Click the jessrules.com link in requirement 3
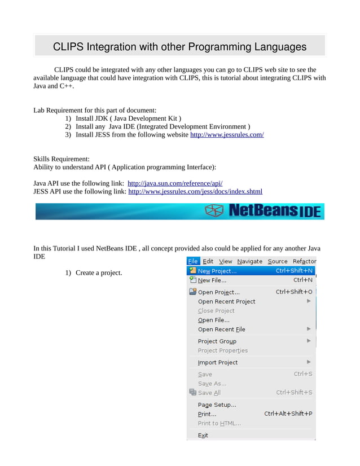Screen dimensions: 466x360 [x=227, y=135]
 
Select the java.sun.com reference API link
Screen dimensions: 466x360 [x=175, y=183]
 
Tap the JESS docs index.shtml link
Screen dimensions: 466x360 [x=195, y=192]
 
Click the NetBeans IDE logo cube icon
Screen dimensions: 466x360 [x=214, y=211]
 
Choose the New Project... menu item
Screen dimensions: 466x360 [x=217, y=271]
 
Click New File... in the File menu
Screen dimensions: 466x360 [x=212, y=280]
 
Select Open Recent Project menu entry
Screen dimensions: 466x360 [x=226, y=302]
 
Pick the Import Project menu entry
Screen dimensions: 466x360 [x=218, y=363]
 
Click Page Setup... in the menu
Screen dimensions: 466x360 [x=217, y=405]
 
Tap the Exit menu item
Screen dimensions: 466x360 [x=203, y=436]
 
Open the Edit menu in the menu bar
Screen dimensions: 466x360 [x=208, y=261]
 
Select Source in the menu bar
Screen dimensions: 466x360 [x=277, y=261]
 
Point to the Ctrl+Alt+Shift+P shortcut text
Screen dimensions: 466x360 [x=288, y=414]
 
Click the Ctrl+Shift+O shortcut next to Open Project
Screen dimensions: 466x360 [x=293, y=292]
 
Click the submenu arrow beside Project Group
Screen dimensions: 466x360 [x=309, y=341]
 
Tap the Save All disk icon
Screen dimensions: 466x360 [x=192, y=393]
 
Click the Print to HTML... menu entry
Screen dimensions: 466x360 [x=219, y=424]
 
